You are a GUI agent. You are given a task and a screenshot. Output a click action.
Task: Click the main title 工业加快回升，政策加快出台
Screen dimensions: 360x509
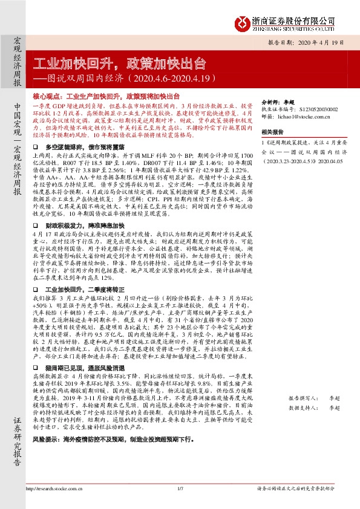click(x=119, y=63)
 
